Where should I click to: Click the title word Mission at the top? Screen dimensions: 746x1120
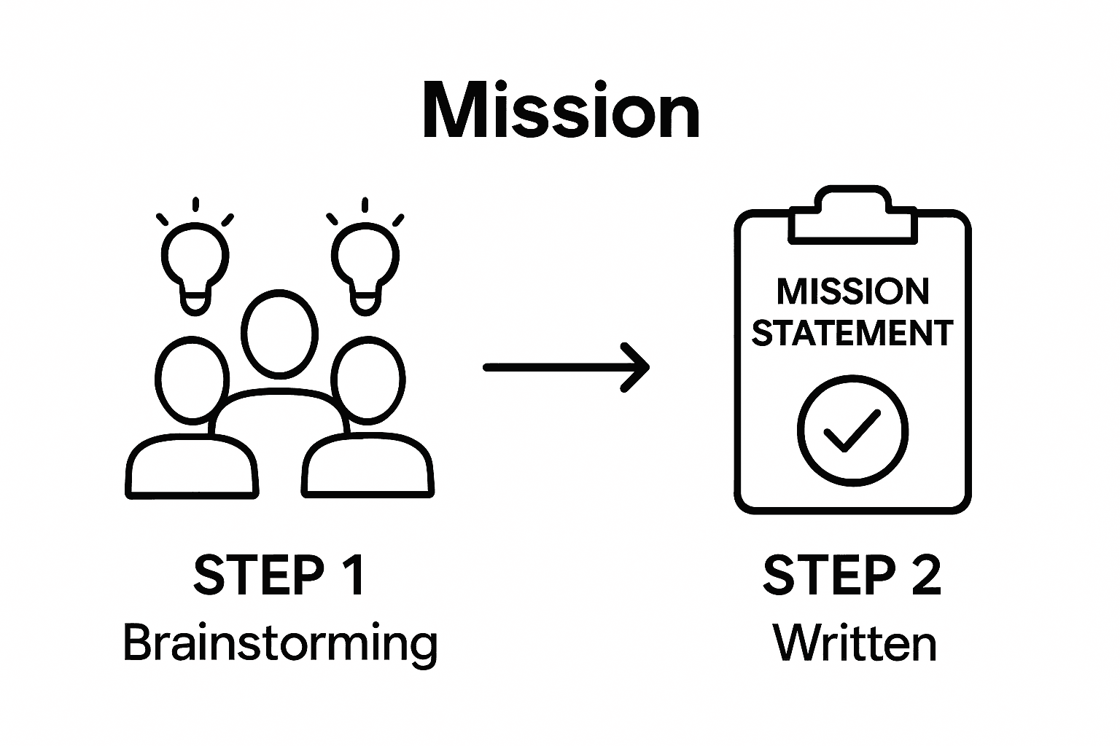tap(561, 111)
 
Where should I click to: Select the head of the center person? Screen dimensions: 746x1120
tap(279, 334)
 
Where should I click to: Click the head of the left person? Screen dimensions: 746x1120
tap(191, 379)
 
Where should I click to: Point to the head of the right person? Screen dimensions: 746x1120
tap(368, 379)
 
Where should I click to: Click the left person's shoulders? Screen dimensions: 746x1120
tap(192, 466)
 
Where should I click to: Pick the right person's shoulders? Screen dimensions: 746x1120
tap(368, 466)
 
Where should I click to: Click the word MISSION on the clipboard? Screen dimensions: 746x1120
tap(852, 292)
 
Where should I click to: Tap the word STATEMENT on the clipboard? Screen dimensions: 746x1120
tap(852, 333)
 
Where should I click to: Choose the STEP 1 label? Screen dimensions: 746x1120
tap(279, 575)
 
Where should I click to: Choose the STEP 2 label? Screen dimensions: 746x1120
tap(852, 575)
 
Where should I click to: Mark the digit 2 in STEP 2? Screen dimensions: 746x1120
tap(924, 575)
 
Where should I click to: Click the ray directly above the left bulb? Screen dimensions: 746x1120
tap(195, 205)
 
